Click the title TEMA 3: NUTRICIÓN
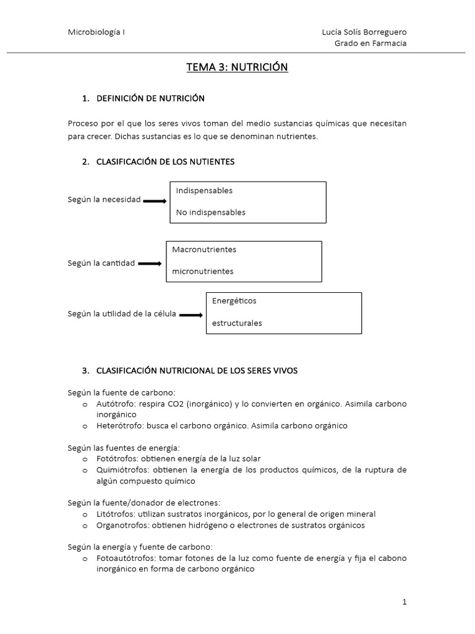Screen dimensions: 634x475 coord(237,67)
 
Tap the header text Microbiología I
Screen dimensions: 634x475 coord(96,32)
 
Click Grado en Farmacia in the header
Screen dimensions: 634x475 coord(370,43)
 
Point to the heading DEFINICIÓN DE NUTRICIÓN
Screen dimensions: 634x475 coord(150,98)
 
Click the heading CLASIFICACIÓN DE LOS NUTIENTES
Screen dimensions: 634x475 coord(166,162)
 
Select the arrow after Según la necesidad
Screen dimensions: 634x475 coord(155,201)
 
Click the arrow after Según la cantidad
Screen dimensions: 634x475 coord(150,264)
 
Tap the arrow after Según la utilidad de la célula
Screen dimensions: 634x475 coord(191,315)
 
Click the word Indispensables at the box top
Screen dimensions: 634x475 coord(204,191)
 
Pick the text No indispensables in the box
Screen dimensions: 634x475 coord(210,212)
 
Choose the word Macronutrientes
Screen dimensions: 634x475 coord(204,250)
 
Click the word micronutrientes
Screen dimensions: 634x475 coord(203,271)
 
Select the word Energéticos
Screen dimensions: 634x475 coord(234,301)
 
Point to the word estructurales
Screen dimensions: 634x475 coord(237,323)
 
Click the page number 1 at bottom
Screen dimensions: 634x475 coord(404,602)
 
